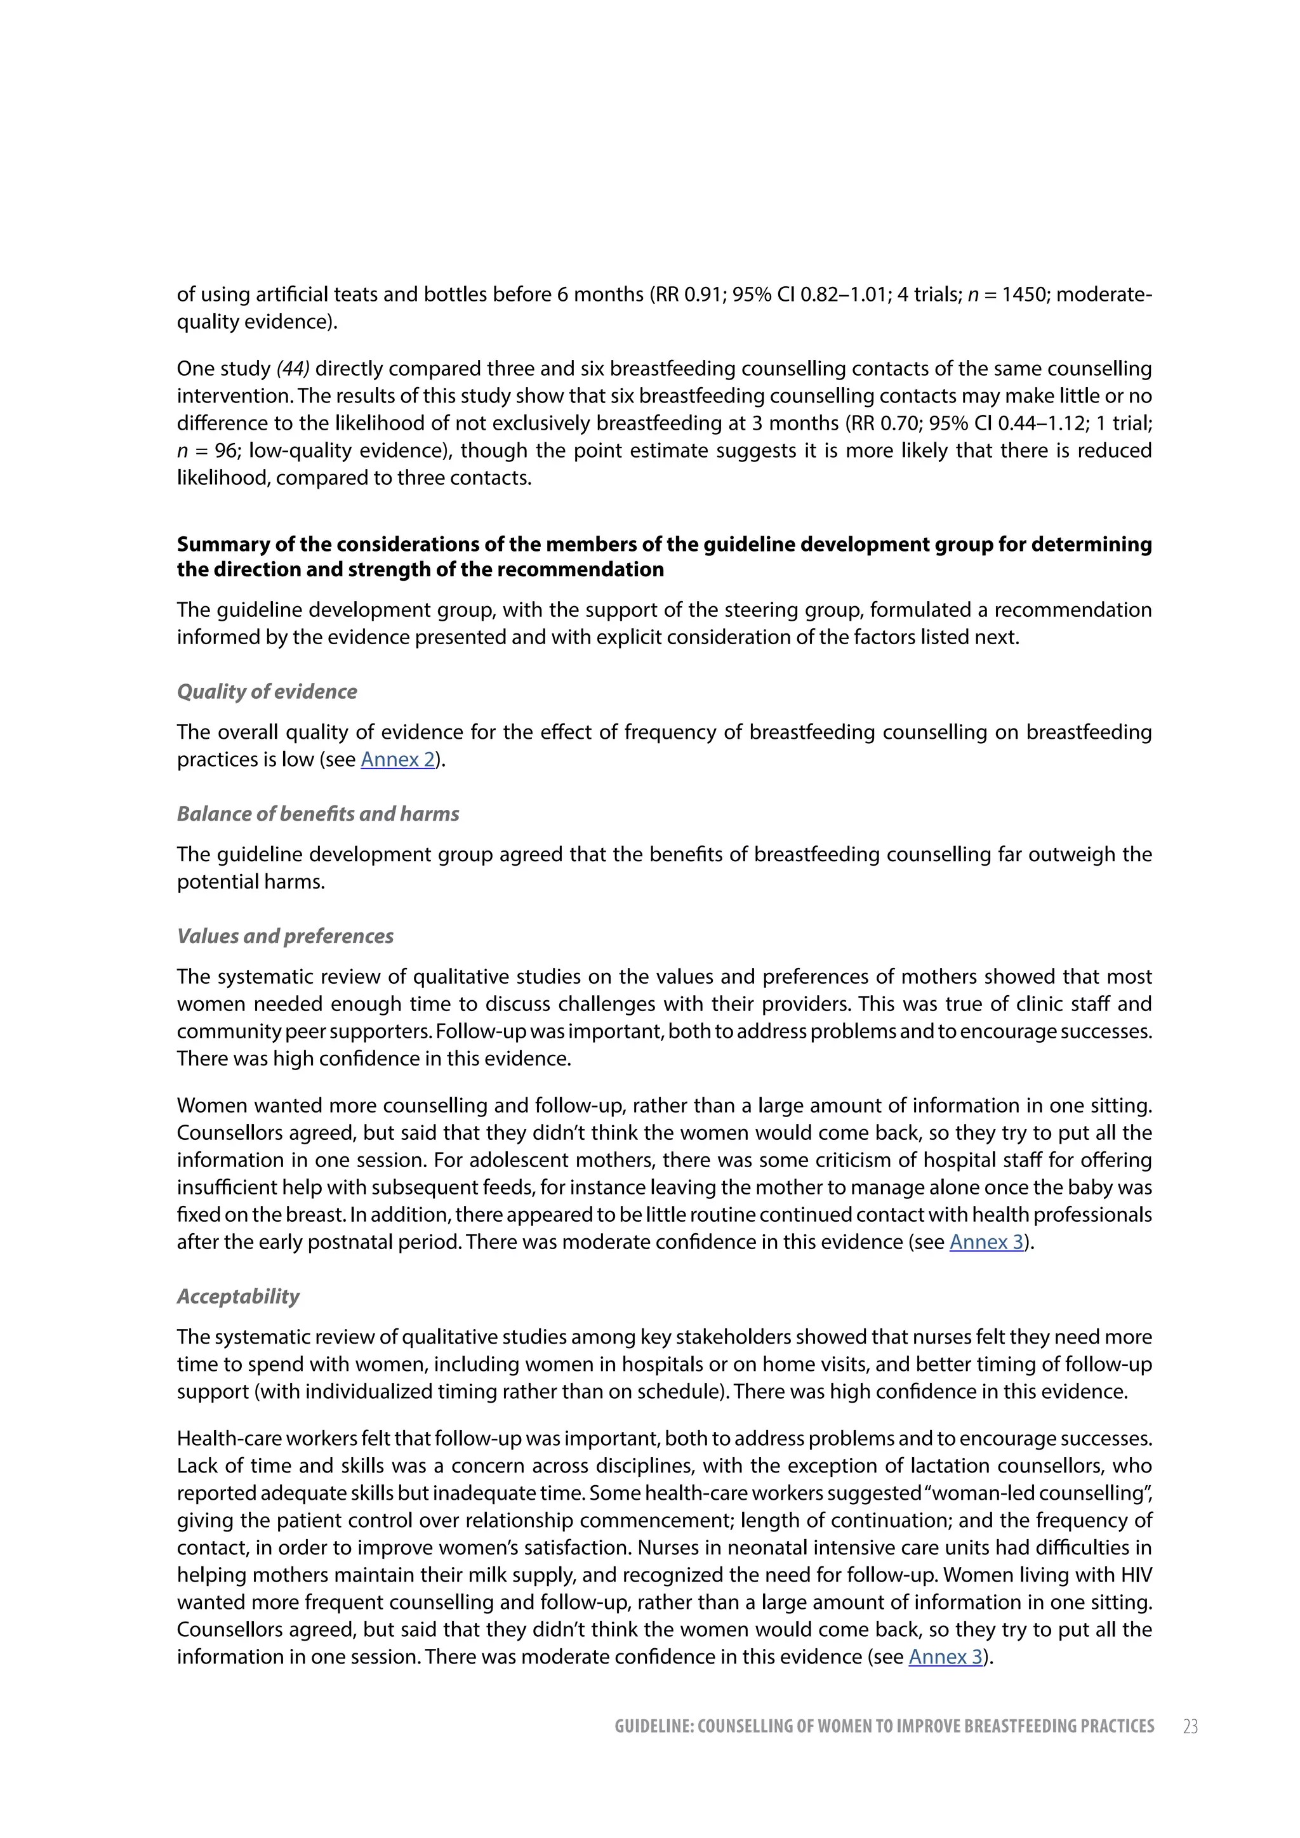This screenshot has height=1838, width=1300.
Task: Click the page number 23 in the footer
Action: [1190, 1727]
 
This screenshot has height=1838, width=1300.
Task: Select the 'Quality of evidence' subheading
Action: [267, 692]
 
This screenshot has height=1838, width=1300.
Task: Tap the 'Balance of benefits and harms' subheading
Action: [318, 814]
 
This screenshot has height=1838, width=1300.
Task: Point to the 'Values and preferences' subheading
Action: [285, 937]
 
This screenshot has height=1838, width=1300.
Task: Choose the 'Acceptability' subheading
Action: [238, 1297]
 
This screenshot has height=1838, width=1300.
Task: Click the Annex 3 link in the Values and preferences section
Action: [986, 1243]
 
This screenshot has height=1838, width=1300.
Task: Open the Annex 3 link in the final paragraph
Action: [945, 1657]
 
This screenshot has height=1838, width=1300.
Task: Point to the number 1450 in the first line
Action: [1024, 294]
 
